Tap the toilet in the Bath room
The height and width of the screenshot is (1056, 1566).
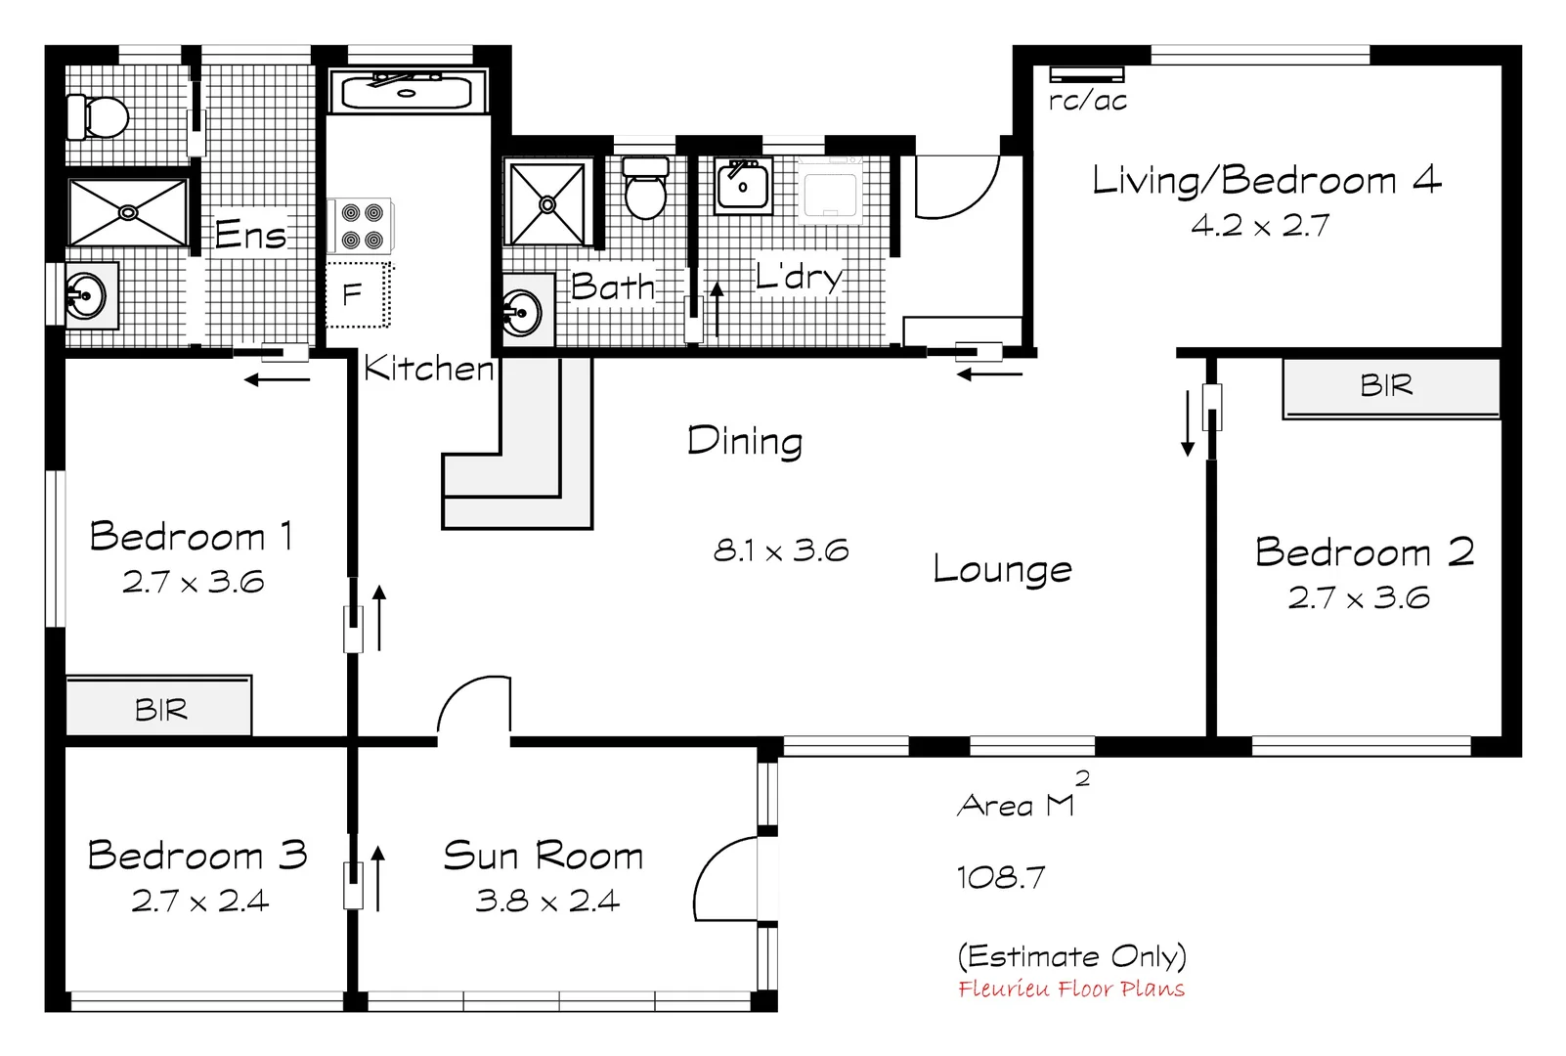click(x=645, y=189)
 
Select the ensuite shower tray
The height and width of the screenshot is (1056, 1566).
click(x=128, y=212)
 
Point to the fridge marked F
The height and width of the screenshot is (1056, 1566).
click(x=357, y=294)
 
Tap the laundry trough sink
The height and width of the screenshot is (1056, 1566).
click(x=742, y=186)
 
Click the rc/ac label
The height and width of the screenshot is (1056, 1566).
click(x=1087, y=101)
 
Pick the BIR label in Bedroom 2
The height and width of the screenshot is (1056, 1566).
click(x=1386, y=386)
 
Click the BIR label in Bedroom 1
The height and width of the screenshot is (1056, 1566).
click(x=161, y=710)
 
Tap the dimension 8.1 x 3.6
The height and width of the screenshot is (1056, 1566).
click(x=780, y=550)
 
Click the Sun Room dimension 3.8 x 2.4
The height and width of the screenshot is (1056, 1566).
click(x=547, y=901)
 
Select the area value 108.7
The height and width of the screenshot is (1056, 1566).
click(x=1001, y=877)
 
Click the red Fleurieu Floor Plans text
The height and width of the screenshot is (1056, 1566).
click(x=1070, y=990)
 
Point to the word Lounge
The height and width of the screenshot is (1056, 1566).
click(x=1002, y=569)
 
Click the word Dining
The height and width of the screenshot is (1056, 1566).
click(x=745, y=441)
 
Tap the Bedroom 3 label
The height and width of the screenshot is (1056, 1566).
click(x=197, y=856)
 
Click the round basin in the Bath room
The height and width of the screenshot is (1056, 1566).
click(x=523, y=314)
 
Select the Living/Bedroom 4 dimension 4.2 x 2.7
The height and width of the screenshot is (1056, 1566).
click(x=1260, y=226)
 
